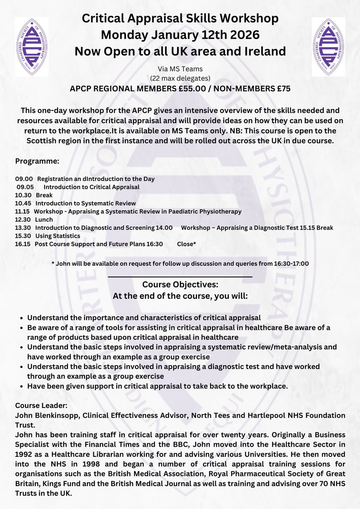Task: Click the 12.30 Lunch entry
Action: point(34,219)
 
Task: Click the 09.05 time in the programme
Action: point(25,187)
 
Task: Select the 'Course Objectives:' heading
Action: point(180,284)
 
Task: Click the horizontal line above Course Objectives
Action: point(180,276)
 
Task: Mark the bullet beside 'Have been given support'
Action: point(22,386)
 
